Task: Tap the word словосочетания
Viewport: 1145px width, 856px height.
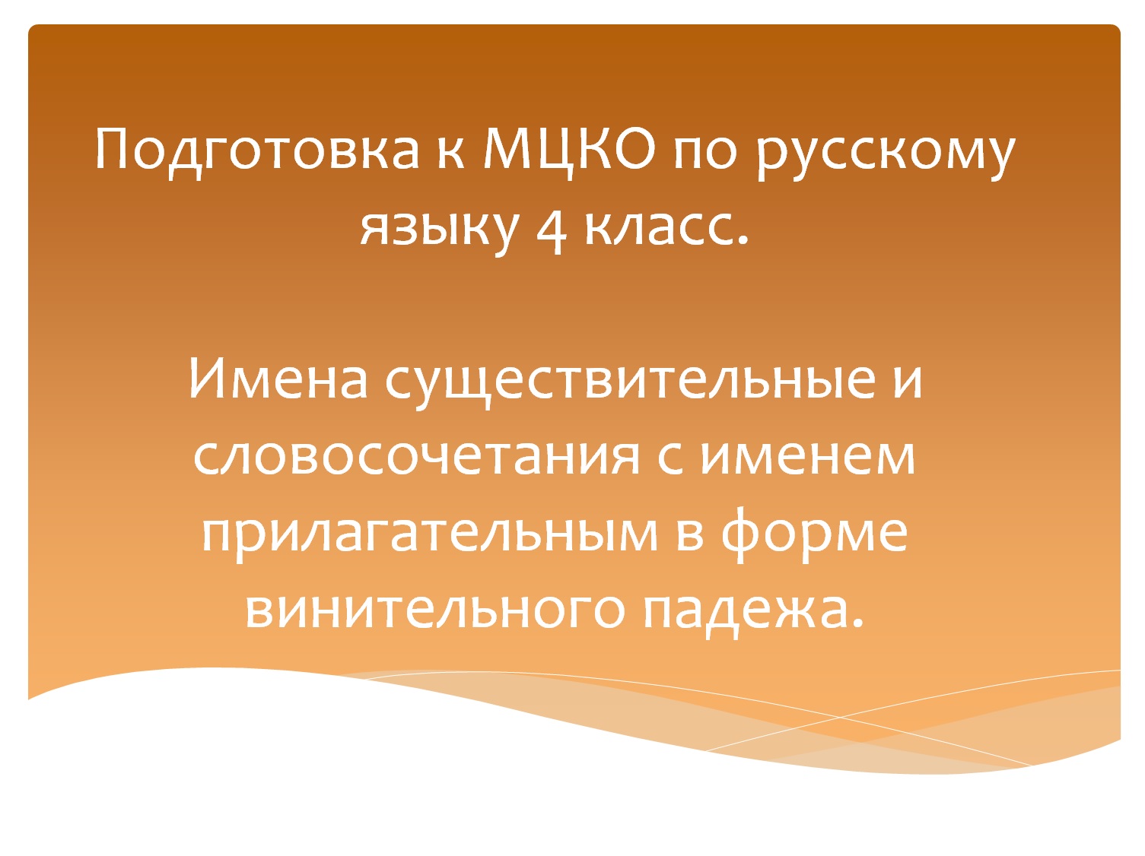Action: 415,455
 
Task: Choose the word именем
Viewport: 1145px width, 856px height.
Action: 807,455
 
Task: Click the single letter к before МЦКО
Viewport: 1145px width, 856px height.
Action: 450,151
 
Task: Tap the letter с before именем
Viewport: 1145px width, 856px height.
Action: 670,456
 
